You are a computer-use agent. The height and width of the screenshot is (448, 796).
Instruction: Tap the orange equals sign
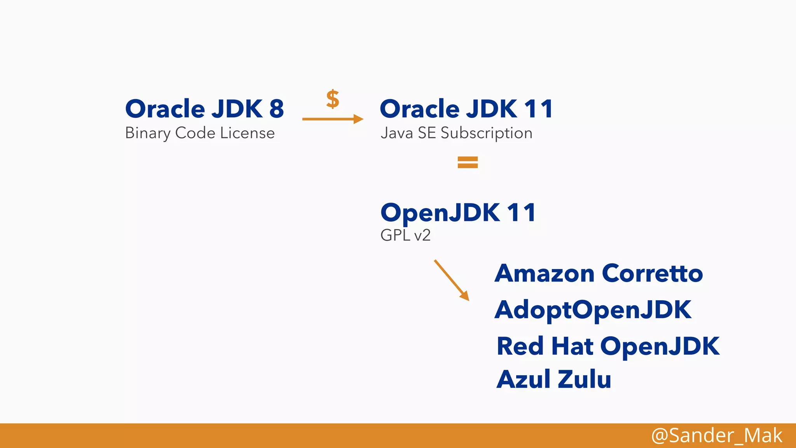coord(468,162)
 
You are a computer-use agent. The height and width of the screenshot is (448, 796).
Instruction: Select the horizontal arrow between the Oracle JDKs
coord(333,119)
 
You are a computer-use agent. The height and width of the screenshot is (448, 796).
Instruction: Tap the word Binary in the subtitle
coord(148,133)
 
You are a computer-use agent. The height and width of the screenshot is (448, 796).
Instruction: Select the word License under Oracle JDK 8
coord(247,133)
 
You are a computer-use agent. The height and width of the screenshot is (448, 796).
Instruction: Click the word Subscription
coord(486,133)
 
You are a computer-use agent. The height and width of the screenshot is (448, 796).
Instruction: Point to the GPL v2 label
coord(405,235)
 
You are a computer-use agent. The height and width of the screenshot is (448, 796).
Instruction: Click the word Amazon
coord(545,273)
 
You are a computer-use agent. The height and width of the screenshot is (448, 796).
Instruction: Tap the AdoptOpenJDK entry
coord(593,310)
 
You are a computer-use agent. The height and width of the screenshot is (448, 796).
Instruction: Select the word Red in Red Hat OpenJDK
coord(520,346)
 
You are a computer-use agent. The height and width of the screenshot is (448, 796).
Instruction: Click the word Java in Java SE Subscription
coord(396,133)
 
